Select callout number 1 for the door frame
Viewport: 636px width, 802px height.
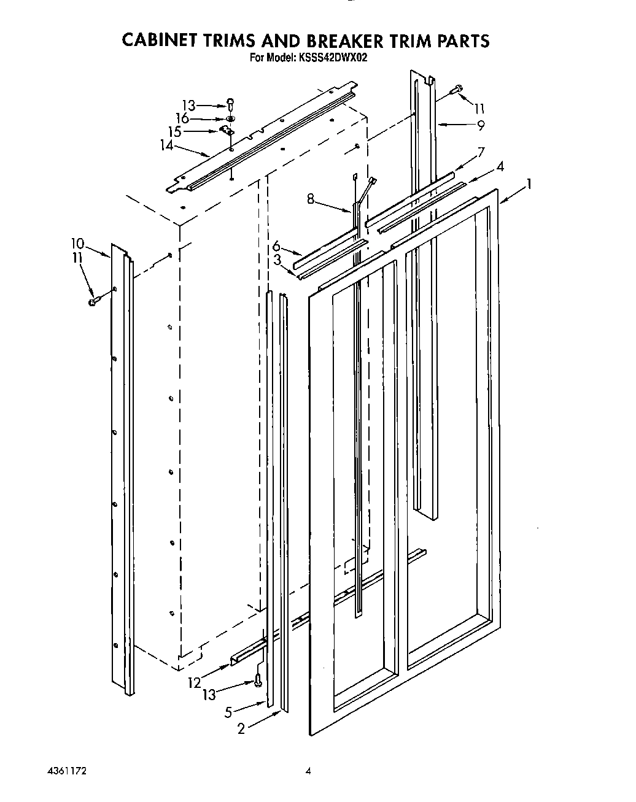tap(529, 183)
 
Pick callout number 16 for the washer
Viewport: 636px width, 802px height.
tap(182, 118)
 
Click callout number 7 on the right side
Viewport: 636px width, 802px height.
tap(481, 151)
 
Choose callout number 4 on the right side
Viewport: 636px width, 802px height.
tap(501, 166)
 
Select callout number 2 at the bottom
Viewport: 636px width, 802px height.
tap(241, 728)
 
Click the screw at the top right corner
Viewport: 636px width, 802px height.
tap(457, 90)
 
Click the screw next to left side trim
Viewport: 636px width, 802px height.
tap(93, 301)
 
